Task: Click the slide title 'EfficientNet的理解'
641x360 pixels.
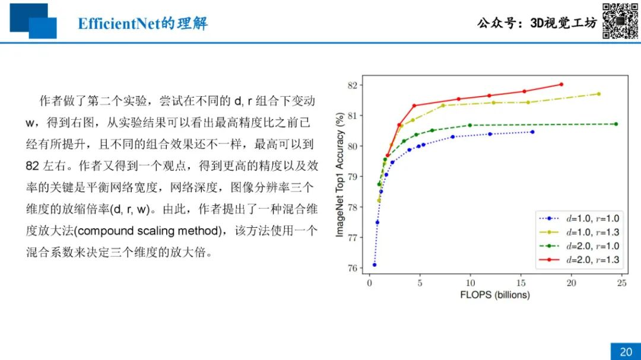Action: (x=142, y=23)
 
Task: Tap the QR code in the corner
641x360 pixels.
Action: (x=620, y=21)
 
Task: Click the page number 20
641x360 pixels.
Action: (x=626, y=352)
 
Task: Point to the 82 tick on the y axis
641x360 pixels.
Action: (x=353, y=85)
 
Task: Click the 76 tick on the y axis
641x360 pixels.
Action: (x=353, y=268)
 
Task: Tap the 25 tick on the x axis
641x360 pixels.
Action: (x=622, y=283)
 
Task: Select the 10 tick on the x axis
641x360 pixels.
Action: (x=470, y=283)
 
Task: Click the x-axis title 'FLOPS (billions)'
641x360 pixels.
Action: (x=494, y=295)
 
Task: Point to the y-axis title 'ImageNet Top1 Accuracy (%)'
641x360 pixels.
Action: (x=339, y=175)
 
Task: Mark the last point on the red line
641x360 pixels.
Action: (x=561, y=85)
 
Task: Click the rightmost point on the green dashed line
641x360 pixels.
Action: (x=616, y=124)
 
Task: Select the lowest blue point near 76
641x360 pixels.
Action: (x=375, y=265)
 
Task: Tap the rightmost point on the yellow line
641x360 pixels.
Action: (x=599, y=94)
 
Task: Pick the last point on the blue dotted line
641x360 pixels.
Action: (x=532, y=132)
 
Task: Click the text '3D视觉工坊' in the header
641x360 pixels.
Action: (x=564, y=23)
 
